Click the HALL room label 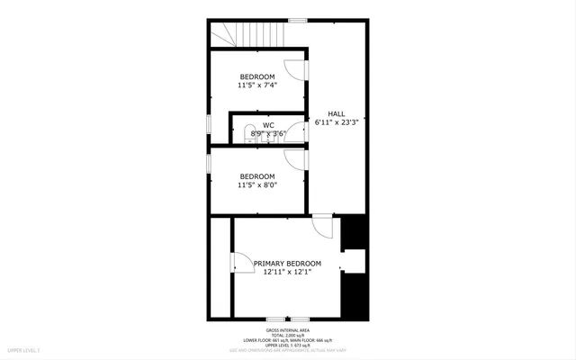[x=336, y=112]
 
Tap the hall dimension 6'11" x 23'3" [x=337, y=121]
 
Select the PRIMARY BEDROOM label [x=287, y=263]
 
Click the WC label [x=268, y=125]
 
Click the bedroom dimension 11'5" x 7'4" [x=257, y=85]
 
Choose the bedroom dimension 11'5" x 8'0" [x=257, y=185]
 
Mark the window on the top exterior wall [x=297, y=20]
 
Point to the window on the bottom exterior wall [x=288, y=318]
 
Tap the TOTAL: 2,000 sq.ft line [x=288, y=334]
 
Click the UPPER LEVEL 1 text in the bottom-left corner [x=24, y=349]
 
